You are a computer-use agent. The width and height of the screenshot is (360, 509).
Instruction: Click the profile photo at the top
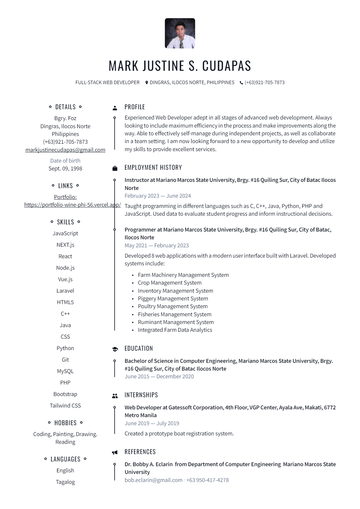180,33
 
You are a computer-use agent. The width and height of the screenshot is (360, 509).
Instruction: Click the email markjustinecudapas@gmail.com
65,150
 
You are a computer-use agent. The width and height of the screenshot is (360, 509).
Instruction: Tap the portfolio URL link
72,205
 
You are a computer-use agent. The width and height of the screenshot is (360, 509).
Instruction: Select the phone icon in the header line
241,83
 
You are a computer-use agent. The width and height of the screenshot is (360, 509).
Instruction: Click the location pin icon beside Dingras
147,83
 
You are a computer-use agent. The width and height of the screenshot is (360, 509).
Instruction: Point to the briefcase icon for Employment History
115,168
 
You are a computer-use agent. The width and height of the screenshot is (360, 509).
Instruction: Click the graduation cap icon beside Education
115,349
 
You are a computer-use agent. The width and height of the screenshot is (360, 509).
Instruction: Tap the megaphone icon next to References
115,453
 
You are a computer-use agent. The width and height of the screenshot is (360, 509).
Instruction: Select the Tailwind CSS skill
65,406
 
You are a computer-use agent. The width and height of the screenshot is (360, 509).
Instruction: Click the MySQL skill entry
65,371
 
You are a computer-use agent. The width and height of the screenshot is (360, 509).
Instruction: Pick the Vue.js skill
65,279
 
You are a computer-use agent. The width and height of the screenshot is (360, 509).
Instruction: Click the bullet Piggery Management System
173,299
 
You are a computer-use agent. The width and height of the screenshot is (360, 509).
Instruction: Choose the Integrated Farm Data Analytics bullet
175,330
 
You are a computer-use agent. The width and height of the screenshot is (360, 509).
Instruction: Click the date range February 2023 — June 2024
158,196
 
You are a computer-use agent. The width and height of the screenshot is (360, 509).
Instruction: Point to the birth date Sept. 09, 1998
65,169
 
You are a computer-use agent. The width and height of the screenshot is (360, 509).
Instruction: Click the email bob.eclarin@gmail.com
153,480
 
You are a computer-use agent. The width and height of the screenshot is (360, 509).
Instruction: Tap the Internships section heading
141,395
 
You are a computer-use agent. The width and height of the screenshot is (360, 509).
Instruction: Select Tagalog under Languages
65,482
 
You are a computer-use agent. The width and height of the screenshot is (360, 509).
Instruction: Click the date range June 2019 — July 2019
152,423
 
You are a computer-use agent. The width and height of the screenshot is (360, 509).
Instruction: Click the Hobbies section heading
65,423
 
